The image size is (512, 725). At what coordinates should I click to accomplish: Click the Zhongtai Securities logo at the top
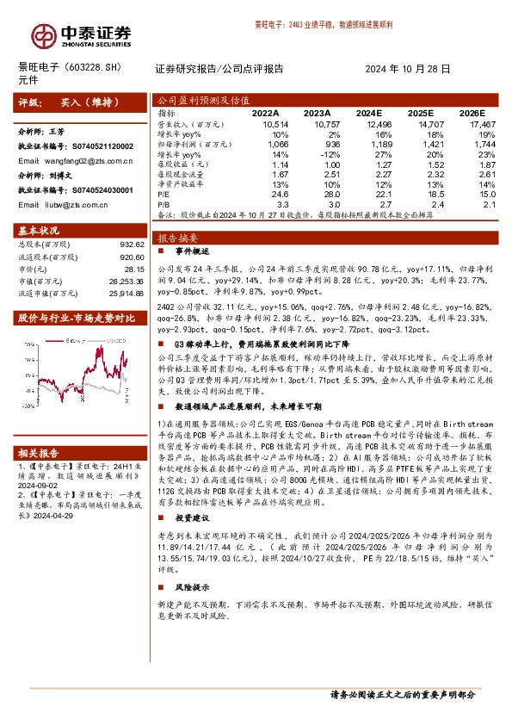click(x=82, y=33)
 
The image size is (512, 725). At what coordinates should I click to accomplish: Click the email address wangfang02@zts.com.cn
click(x=83, y=159)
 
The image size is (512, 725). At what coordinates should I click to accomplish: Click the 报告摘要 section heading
click(x=178, y=237)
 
